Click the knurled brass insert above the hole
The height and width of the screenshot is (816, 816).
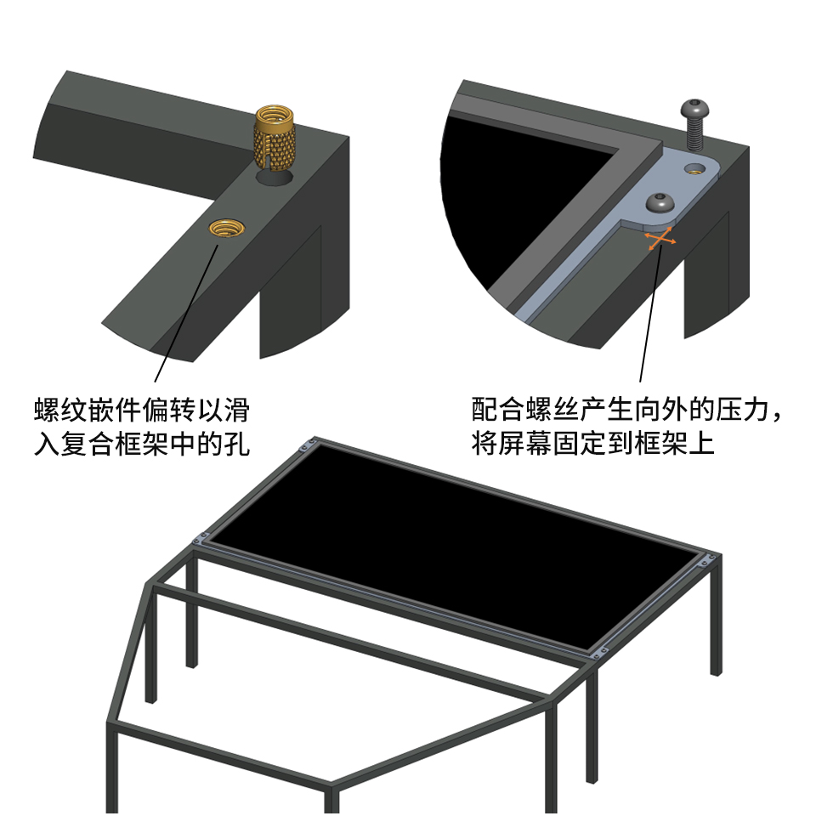point(275,138)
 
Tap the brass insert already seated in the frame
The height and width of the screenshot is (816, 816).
point(226,228)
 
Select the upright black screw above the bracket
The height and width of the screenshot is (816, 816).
point(693,124)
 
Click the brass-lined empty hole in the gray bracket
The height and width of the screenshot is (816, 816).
point(694,168)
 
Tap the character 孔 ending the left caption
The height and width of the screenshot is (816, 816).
point(237,445)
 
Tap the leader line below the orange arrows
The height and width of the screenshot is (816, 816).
point(650,314)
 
